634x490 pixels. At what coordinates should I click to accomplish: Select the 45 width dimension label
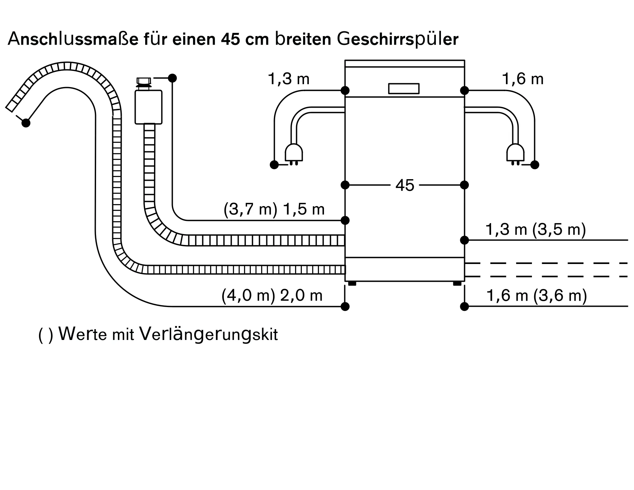pyautogui.click(x=405, y=185)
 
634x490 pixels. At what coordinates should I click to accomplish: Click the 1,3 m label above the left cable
pyautogui.click(x=288, y=79)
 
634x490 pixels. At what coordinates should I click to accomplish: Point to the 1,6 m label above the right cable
pyautogui.click(x=523, y=79)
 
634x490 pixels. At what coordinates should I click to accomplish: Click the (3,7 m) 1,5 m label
pyautogui.click(x=274, y=210)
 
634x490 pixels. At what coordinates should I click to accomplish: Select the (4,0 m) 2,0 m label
pyautogui.click(x=272, y=296)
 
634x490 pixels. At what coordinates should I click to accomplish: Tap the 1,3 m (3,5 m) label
pyautogui.click(x=536, y=229)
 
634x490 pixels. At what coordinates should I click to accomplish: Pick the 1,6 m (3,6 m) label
pyautogui.click(x=537, y=296)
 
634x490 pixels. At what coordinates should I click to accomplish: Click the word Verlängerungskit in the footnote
pyautogui.click(x=209, y=335)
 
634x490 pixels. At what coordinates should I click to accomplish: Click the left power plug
pyautogui.click(x=294, y=154)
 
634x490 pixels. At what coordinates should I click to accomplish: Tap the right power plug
pyautogui.click(x=515, y=154)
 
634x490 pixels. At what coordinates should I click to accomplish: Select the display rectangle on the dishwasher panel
pyautogui.click(x=404, y=89)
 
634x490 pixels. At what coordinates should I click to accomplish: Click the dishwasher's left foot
pyautogui.click(x=352, y=283)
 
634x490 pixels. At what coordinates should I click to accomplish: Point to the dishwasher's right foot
pyautogui.click(x=457, y=283)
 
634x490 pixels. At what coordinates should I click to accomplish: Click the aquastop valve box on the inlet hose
pyautogui.click(x=148, y=107)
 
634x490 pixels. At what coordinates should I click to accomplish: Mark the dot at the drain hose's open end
pyautogui.click(x=26, y=123)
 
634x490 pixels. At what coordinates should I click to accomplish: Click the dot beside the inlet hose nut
pyautogui.click(x=172, y=78)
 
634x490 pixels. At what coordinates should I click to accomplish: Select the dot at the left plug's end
pyautogui.click(x=274, y=165)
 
